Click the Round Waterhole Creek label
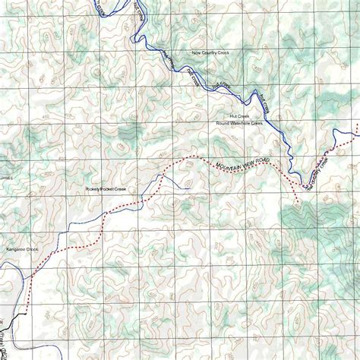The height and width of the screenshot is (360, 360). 238,123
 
